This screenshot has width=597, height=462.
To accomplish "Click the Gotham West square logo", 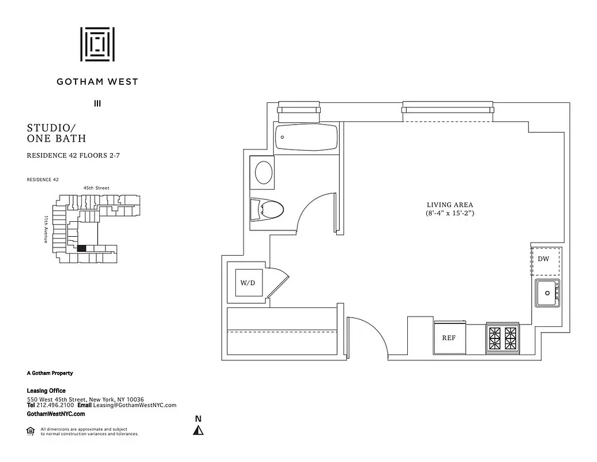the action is pos(97,44).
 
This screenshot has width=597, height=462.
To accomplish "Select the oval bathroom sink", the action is pos(264,172).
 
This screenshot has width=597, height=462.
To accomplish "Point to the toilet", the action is pos(268,208).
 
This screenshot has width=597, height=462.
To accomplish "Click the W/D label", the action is pos(248,283).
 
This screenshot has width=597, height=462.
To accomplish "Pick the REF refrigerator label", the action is pos(449,338).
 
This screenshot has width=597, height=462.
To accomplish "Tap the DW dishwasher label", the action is pos(543,259).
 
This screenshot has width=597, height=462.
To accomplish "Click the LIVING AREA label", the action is pos(450,204).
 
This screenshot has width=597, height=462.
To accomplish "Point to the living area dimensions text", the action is pos(450,213).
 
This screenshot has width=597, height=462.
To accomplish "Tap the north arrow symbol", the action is pos(198,430).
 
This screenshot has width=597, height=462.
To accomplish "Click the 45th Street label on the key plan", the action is pos(96,188).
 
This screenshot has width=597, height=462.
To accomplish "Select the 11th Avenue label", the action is pos(46,229).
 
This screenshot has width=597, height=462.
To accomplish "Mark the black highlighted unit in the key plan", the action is pos(81,248).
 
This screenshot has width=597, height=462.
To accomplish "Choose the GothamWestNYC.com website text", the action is pos(56,414).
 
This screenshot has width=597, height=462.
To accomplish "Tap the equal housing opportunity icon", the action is pos(31,430).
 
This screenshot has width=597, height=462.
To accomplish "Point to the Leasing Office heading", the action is pos(46,391).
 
